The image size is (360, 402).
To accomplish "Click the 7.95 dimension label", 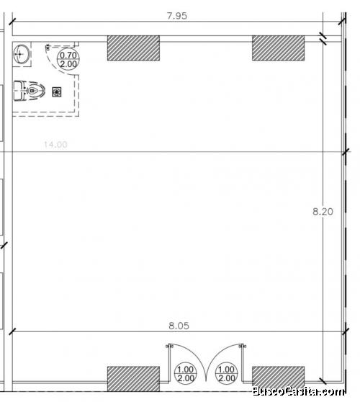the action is pos(177,16).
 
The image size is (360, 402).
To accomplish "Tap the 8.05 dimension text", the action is pos(179,326).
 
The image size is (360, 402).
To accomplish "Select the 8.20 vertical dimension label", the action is pos(323,212).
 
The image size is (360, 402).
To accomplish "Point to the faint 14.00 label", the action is pos(55,145).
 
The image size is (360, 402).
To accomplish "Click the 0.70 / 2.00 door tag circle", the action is pos(68,60).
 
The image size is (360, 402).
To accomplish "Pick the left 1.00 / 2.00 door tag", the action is pos(186,373).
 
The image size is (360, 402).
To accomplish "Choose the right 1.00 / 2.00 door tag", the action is pos(227,373).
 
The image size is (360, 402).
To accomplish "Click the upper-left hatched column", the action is pos(133,48).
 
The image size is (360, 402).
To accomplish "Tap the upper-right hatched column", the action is pos(279,48).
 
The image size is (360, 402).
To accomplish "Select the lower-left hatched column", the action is pos(133,379).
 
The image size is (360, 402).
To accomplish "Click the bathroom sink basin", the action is pos(22,54).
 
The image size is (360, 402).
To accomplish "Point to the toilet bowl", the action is pos(35,91).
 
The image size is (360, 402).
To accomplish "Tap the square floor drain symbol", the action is pos(57,92).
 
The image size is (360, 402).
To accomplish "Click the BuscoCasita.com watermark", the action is pos(299,392).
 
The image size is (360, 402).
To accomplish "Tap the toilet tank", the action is pos(19,91).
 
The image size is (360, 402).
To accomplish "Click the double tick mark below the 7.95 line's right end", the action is pos(323,38).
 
